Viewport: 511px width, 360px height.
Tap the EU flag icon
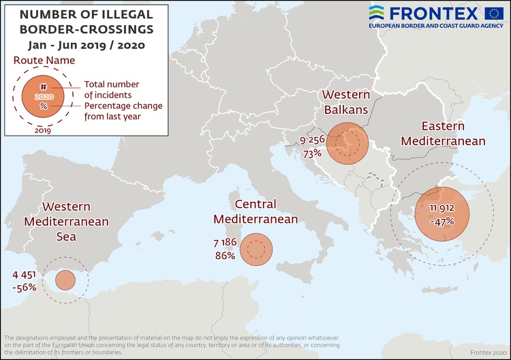coord(494,12)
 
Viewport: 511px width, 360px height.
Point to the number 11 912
coord(442,209)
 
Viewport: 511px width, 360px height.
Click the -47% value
coord(442,222)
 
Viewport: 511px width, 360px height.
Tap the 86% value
coord(225,256)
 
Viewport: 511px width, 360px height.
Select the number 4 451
coord(25,275)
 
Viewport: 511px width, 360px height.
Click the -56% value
coord(24,288)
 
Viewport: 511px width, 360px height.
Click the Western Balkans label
coord(345,102)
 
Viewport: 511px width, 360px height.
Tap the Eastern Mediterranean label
coord(443,134)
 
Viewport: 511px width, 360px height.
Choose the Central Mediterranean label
coord(255,211)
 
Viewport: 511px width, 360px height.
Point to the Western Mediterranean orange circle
coord(65,280)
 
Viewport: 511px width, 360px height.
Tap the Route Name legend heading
coord(44,61)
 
